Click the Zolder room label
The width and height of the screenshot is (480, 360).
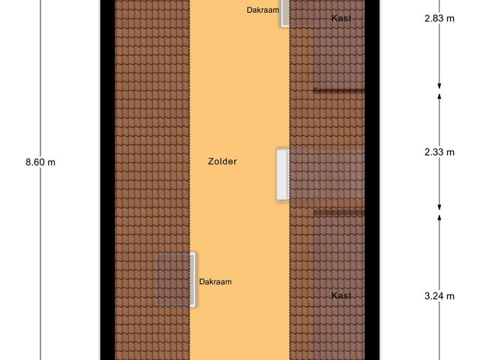click(223, 161)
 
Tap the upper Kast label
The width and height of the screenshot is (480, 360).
click(341, 17)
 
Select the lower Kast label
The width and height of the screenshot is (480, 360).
click(341, 295)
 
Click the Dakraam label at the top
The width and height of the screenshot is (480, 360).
click(262, 10)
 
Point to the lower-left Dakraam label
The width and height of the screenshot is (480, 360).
click(215, 282)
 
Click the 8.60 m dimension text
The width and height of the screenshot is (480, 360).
click(40, 161)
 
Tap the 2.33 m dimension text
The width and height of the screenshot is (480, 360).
click(439, 151)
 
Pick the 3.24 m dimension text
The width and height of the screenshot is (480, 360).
click(439, 295)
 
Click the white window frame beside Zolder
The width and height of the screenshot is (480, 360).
click(282, 174)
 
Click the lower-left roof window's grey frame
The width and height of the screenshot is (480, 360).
click(193, 279)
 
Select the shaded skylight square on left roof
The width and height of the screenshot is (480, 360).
click(172, 279)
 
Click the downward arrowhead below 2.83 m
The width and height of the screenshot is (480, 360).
click(439, 85)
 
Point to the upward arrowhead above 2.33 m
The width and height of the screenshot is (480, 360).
click(439, 95)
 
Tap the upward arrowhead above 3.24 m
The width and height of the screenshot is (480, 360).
click(439, 217)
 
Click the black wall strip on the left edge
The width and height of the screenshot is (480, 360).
click(109, 180)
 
